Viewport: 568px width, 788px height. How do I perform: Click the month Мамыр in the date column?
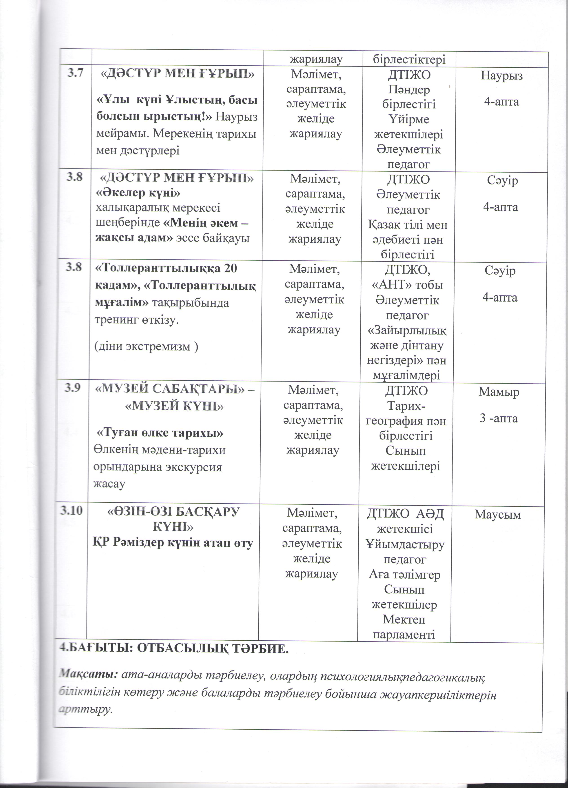(499, 392)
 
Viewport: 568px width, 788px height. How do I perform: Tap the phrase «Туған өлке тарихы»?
(160, 433)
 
